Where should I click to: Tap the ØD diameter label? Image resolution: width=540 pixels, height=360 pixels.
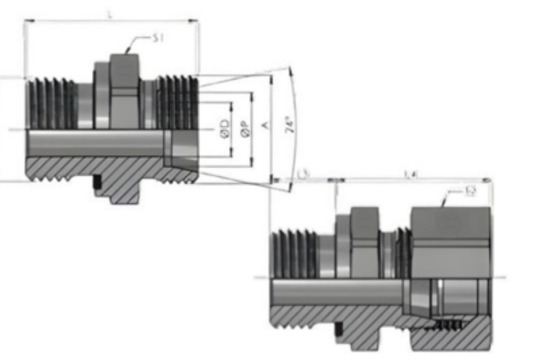click(226, 127)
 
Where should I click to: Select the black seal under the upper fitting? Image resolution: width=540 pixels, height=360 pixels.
click(98, 186)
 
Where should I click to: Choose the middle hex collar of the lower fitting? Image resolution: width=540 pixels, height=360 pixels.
click(363, 245)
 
